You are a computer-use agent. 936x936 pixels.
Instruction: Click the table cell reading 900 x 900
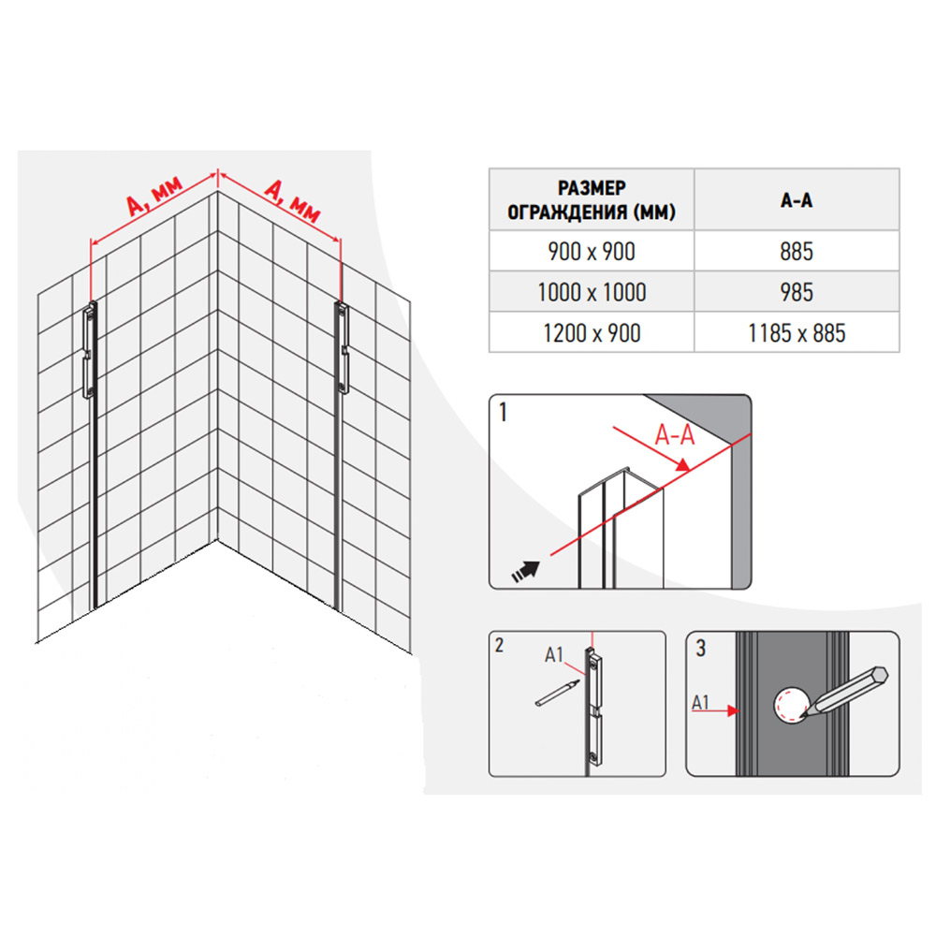[x=591, y=251]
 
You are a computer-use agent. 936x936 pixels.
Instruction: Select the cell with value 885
[x=797, y=251]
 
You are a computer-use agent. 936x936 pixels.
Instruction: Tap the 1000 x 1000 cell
[x=591, y=292]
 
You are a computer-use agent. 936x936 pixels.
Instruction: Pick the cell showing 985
[x=797, y=292]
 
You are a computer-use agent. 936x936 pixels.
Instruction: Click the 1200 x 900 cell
[x=591, y=332]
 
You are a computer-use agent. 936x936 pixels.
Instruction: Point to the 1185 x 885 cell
[x=797, y=332]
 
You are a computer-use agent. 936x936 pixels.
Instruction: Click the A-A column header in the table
[x=797, y=200]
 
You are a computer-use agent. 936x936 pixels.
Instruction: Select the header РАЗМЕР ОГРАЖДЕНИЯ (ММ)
[x=591, y=200]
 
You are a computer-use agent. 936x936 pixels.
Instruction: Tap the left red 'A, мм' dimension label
[x=154, y=196]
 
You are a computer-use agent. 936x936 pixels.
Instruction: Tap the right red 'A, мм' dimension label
[x=292, y=200]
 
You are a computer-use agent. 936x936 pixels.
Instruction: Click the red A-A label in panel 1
[x=675, y=434]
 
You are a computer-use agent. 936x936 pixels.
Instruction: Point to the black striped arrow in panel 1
[x=525, y=571]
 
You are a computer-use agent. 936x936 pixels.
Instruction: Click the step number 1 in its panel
[x=504, y=412]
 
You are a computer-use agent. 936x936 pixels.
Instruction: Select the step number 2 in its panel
[x=499, y=645]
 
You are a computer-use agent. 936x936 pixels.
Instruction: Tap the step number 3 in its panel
[x=701, y=649]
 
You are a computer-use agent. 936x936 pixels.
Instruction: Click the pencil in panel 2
[x=558, y=693]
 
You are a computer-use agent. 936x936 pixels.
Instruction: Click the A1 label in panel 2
[x=554, y=655]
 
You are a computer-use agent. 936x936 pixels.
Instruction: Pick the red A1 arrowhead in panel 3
[x=733, y=710]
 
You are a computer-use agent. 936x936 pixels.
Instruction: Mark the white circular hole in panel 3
[x=792, y=705]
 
